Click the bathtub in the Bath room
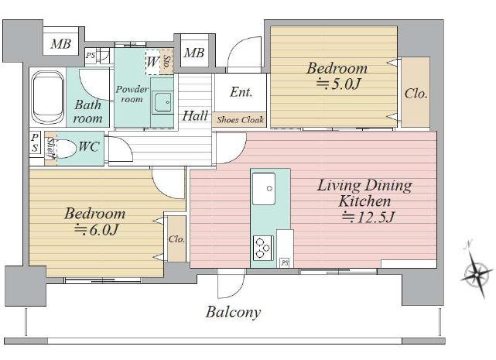coord(48,98)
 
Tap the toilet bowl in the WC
coord(66,148)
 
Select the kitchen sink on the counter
coord(264,189)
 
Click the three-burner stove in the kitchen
coord(263,248)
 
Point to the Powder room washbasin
coord(162,102)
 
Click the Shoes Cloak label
coord(240,120)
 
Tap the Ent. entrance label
coord(241,92)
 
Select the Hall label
coord(195,115)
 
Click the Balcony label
coord(234,312)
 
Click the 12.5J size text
coord(368,217)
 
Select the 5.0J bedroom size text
coord(338,84)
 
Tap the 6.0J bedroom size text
coord(96,230)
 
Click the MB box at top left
coord(60,43)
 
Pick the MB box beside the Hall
coord(194,53)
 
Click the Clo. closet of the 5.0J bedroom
coord(416,92)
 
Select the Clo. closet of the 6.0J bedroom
coord(176,238)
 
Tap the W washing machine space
coord(152,62)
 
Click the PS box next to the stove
coord(285,262)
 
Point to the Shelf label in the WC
coord(50,148)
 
